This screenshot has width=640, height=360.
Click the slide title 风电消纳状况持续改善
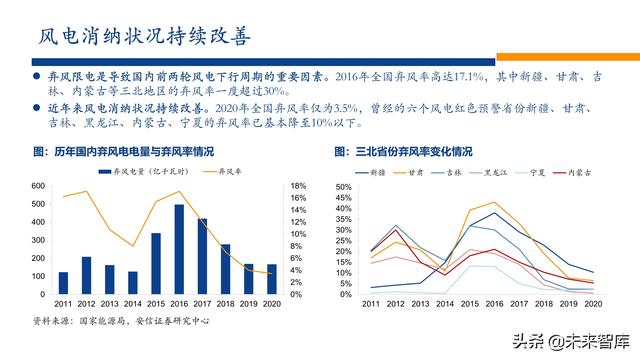151,37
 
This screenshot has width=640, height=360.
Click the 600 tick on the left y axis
37,186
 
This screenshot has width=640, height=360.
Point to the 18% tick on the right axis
298,186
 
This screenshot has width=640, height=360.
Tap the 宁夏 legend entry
535,173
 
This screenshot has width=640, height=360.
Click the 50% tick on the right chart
343,187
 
